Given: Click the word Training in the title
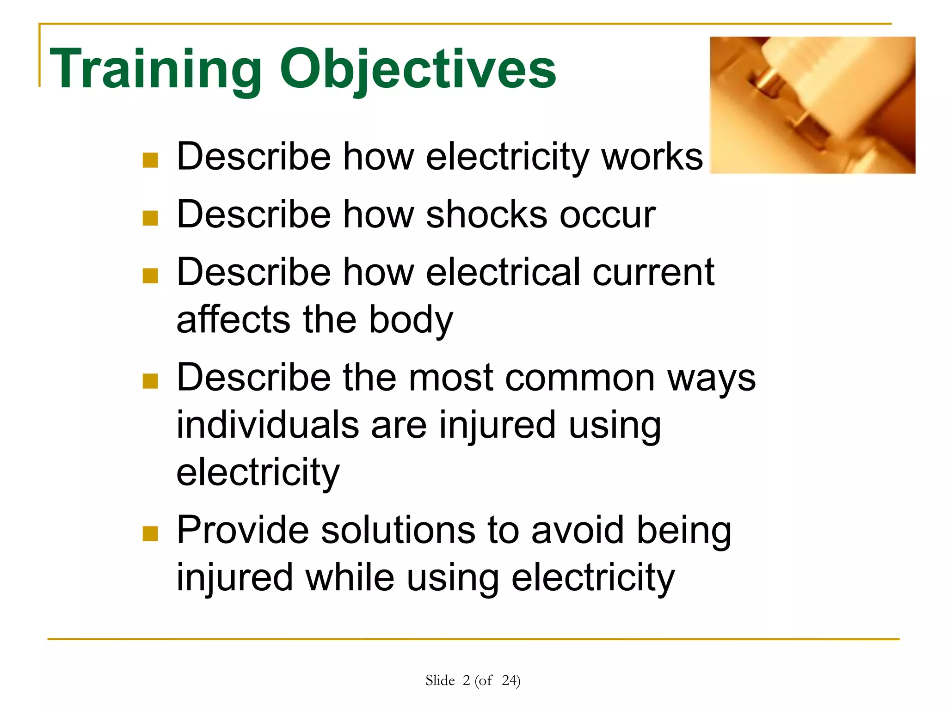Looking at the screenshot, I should pyautogui.click(x=155, y=69).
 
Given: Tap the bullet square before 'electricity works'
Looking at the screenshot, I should pyautogui.click(x=150, y=160).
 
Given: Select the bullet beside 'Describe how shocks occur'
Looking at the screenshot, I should pyautogui.click(x=150, y=218).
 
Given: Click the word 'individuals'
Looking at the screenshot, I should pyautogui.click(x=268, y=425).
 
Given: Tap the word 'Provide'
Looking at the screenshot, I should pyautogui.click(x=243, y=530).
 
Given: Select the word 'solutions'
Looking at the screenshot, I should pyautogui.click(x=398, y=530).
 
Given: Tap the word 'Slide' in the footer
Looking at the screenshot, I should pyautogui.click(x=440, y=680).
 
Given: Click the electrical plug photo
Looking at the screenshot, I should pyautogui.click(x=812, y=105).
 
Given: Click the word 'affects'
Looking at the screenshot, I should pyautogui.click(x=234, y=320).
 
